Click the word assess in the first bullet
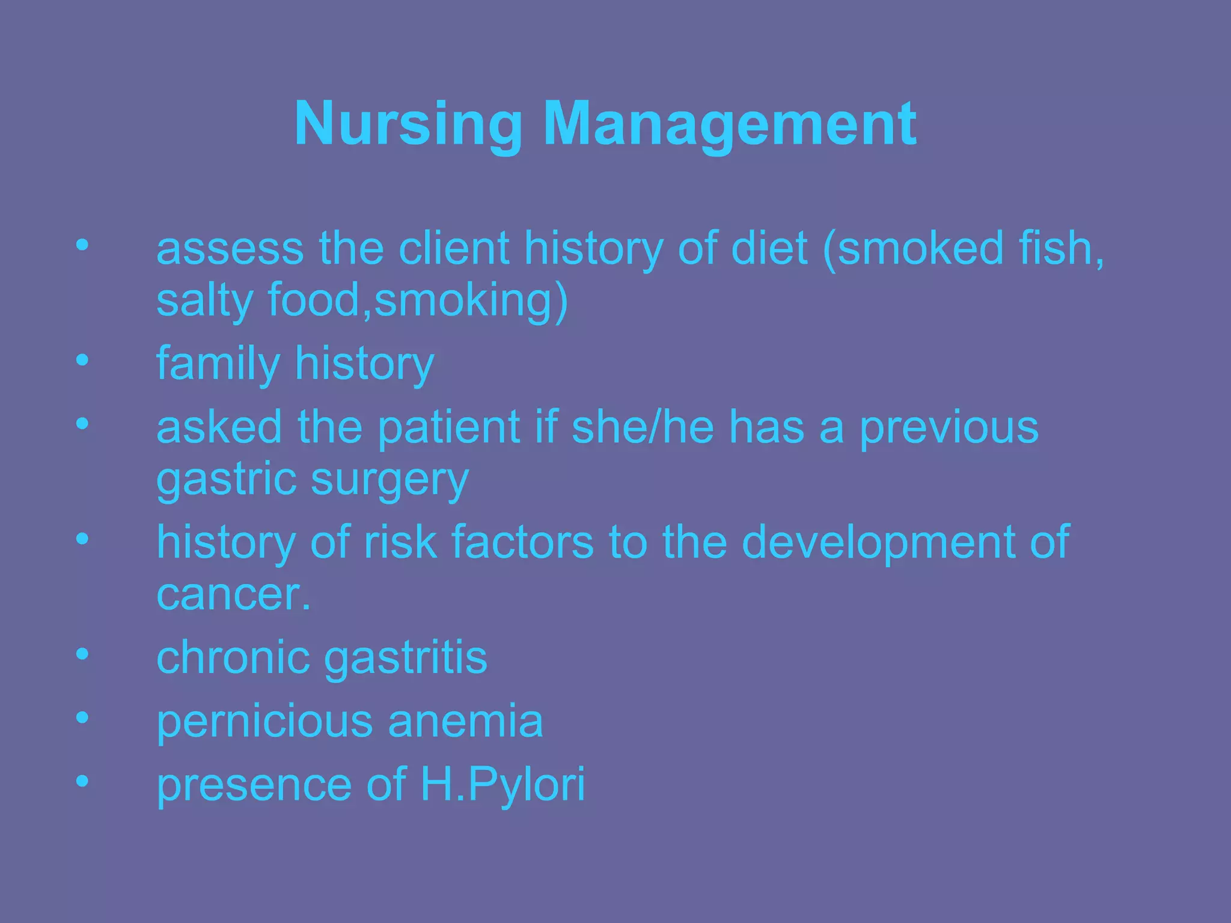(230, 248)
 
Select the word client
(454, 248)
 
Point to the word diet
(769, 248)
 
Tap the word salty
(204, 300)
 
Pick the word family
(218, 364)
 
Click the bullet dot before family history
(82, 360)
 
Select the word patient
(448, 427)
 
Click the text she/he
(643, 427)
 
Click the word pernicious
(264, 721)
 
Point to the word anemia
(465, 721)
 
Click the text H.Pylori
(502, 785)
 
